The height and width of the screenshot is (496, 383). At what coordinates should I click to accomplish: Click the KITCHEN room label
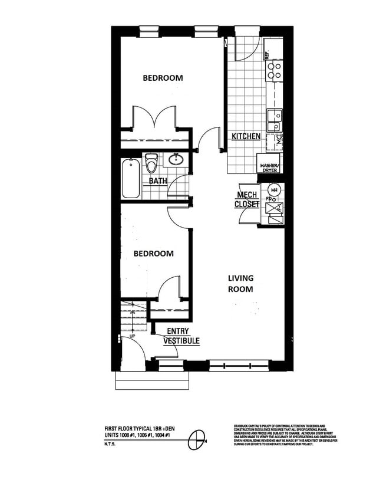pos(246,136)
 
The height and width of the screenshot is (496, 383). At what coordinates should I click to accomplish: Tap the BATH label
pos(158,181)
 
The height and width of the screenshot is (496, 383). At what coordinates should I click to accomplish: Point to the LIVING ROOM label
pos(241,284)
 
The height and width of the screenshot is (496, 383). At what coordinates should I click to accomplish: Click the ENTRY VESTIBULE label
pos(182,336)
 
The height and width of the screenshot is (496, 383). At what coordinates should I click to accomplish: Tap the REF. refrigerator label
pos(267,55)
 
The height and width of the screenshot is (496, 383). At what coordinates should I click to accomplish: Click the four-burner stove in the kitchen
pos(274,71)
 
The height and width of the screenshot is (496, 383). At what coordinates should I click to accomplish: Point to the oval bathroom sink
pos(176,159)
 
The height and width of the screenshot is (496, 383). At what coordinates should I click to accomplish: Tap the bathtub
pos(131,178)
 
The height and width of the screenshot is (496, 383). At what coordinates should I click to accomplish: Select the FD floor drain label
pos(268,199)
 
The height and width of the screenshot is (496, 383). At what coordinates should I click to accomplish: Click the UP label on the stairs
pos(133,336)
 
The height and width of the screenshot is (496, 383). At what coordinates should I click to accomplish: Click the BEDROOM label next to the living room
pos(153,254)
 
